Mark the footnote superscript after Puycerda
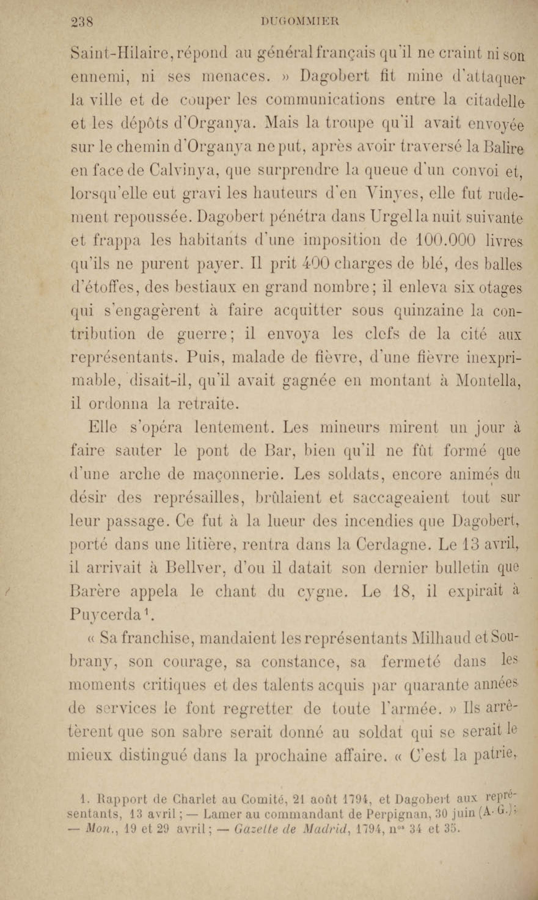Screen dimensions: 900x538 pyautogui.click(x=146, y=612)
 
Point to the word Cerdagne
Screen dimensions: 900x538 pyautogui.click(x=392, y=545)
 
